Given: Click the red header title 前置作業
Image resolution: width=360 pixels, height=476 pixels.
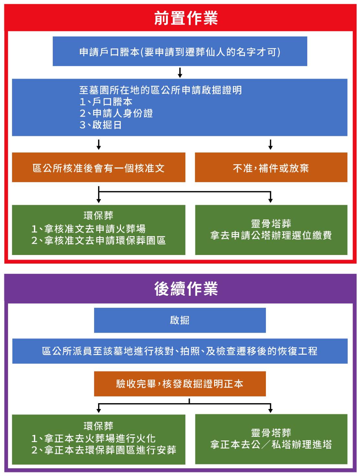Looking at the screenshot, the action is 186,18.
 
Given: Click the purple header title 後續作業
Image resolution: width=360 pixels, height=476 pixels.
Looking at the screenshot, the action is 186,289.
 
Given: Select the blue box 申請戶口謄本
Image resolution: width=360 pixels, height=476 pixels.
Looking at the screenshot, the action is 180,51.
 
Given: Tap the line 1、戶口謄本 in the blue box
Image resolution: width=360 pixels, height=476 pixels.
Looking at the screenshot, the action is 106,102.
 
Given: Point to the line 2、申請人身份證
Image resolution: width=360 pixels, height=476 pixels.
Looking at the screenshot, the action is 116,113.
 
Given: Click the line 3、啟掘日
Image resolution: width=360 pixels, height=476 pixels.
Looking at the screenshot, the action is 101,125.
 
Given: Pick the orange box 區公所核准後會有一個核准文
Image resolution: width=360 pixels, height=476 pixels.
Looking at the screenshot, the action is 99,167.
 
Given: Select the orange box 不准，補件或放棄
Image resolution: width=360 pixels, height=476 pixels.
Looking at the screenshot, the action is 271,167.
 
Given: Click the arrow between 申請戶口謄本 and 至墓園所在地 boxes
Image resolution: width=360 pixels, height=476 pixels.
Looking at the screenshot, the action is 180,72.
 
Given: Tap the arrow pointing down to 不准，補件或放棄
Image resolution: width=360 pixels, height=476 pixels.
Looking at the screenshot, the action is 270,144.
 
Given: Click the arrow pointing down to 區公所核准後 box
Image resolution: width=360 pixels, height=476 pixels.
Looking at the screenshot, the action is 99,144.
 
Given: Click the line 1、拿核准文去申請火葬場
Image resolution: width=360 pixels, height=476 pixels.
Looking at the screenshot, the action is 88,228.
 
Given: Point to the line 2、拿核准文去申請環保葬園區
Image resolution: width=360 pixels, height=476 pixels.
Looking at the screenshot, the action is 99,240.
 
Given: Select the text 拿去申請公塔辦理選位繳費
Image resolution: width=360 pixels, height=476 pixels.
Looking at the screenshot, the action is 271,235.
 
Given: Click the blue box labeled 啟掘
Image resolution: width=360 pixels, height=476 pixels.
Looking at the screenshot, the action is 180,320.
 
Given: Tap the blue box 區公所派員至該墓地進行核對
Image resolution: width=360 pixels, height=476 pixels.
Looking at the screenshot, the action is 180,351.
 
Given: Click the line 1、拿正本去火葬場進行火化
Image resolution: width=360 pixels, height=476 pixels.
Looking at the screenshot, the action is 93,438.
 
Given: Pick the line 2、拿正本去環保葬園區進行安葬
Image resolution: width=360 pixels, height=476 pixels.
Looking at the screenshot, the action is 104,450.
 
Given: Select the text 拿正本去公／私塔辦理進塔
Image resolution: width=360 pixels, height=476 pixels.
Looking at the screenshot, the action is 271,444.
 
